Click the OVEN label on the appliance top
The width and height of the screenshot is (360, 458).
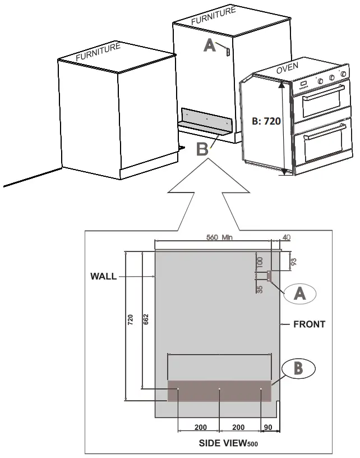coord(287,68)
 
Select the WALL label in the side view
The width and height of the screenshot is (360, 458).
coord(103,276)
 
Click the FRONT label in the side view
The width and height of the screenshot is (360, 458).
coord(309,324)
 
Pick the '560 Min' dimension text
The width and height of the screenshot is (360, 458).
coord(219,237)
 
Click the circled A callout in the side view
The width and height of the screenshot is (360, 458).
coord(300,293)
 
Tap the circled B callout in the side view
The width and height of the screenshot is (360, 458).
coord(299,368)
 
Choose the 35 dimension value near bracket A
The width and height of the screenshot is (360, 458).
coord(260,290)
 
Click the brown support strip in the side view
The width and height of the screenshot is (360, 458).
coord(219,391)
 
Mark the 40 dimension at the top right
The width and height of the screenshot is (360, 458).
coord(286,237)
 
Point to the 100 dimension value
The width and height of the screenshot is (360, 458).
coord(259,263)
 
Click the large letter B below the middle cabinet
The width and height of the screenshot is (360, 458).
coord(203,149)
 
